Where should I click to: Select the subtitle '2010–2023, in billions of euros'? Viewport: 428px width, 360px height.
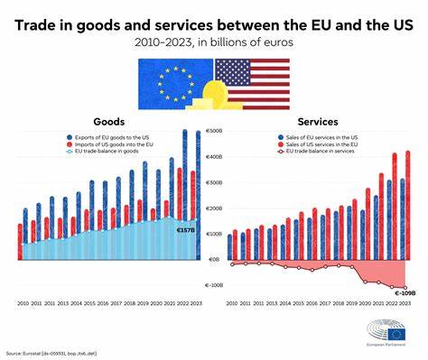(213, 42)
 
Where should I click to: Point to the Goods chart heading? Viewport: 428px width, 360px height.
(109, 122)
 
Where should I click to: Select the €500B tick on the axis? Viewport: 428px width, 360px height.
(214, 132)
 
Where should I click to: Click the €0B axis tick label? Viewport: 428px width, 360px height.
(214, 259)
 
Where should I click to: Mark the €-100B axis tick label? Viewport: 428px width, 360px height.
(214, 284)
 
